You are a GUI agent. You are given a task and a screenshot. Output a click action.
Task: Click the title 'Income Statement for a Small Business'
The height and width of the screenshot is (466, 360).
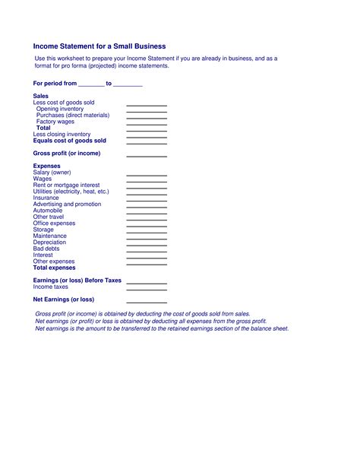coord(99,46)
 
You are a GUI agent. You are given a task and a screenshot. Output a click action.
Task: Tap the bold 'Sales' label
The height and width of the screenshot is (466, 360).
coord(41,96)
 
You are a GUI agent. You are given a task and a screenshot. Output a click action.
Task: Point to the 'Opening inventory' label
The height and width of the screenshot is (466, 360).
coord(60,109)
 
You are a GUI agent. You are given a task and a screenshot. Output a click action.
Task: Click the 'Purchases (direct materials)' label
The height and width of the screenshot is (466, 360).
coord(73,115)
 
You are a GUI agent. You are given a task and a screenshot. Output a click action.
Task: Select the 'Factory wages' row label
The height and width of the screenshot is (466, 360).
coord(55,122)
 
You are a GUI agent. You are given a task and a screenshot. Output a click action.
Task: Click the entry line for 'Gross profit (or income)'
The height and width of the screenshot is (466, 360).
coord(146,155)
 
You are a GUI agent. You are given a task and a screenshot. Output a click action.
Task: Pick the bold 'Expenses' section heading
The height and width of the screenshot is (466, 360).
coord(47,166)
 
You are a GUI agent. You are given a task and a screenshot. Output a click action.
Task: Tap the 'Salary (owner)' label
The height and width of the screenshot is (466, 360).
coord(52,173)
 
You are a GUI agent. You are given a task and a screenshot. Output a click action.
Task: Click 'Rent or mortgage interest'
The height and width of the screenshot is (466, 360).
coord(67,185)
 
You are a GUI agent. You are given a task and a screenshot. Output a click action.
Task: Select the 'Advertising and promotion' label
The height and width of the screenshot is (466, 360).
coord(68,204)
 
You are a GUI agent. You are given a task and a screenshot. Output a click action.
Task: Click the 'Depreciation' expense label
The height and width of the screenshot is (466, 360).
coord(50,243)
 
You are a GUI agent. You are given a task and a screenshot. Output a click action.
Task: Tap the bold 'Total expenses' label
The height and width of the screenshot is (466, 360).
coord(55,268)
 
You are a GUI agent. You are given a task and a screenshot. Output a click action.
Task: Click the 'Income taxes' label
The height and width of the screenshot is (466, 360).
coord(51,287)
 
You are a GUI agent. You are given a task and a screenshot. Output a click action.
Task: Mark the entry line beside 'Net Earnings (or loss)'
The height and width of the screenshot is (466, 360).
coord(146,301)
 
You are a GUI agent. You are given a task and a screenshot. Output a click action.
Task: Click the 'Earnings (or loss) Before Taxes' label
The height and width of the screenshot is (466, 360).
coord(77,281)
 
